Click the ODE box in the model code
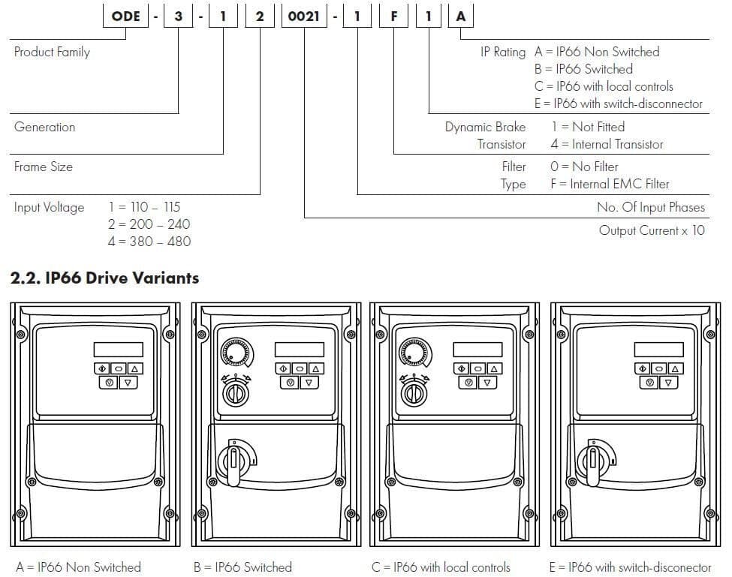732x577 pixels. coord(125,15)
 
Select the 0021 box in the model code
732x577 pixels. coord(305,15)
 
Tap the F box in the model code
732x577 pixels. coord(393,15)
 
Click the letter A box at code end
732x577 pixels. coord(460,15)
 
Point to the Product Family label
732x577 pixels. coord(52,52)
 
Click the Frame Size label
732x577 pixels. coord(44,167)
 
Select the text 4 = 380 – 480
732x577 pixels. coord(149,241)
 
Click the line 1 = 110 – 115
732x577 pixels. coord(144,206)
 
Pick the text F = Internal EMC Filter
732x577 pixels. coord(609,184)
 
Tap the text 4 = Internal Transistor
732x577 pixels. coord(607,144)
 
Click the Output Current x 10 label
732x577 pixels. coord(652,230)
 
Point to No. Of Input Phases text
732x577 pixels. coord(650,207)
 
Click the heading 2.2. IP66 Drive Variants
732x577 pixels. coord(104,278)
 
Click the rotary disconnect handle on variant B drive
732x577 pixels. coord(235,458)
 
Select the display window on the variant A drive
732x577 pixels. coord(119,350)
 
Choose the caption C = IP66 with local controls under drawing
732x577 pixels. coord(441,566)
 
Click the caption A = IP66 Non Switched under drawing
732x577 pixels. coord(78,566)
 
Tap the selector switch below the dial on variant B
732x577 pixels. coord(236,390)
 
